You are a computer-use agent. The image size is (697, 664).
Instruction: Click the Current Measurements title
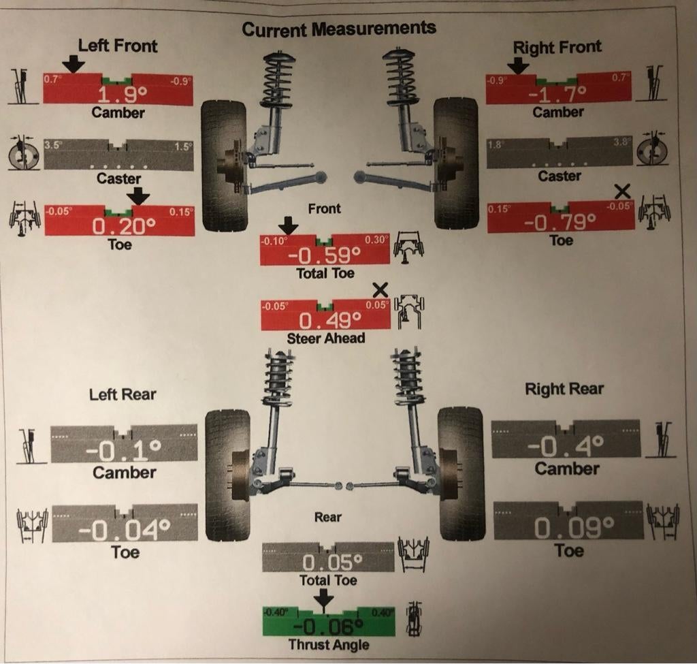coord(339,29)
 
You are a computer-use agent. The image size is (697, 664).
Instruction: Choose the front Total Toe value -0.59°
coord(324,255)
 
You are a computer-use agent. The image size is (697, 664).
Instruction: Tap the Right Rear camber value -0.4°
coord(565,445)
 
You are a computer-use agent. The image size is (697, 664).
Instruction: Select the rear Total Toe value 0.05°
coord(328,563)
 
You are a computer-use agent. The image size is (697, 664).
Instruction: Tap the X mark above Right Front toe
coord(621,191)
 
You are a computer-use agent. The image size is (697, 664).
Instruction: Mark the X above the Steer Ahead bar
coord(381,289)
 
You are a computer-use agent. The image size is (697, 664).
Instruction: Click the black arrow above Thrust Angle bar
coord(324,598)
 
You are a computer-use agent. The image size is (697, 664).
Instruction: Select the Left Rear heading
coord(123,394)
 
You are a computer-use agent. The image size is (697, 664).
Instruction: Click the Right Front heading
coord(557,48)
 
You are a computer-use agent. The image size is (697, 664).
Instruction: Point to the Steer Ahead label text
coord(326,338)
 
